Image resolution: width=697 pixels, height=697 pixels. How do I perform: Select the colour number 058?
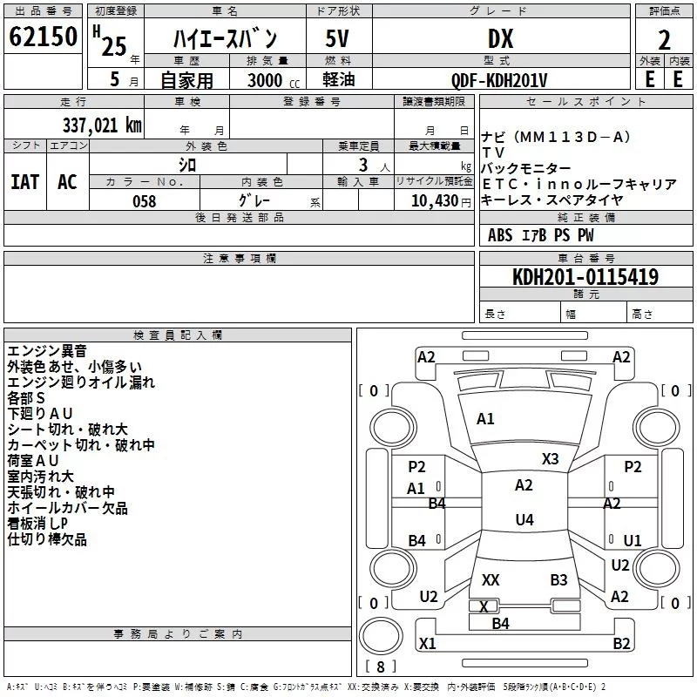(145, 201)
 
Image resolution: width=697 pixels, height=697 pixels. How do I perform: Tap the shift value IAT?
(24, 181)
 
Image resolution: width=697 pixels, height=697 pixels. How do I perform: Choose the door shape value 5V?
(337, 39)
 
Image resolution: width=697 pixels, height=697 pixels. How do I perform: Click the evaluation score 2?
(664, 39)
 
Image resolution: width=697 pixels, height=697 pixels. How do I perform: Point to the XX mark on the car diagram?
(491, 579)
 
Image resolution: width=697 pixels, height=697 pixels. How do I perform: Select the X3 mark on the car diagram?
(550, 459)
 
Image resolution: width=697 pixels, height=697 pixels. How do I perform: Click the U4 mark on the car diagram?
(524, 520)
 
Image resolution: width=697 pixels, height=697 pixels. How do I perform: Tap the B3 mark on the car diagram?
(558, 579)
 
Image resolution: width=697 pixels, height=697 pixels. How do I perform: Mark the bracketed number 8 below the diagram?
(380, 667)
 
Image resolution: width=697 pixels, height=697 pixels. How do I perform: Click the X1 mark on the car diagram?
(427, 644)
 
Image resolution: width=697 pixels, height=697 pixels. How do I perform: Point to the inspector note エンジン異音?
(47, 351)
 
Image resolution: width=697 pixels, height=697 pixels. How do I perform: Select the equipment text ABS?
(501, 235)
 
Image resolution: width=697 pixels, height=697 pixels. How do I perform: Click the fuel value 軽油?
(337, 80)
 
